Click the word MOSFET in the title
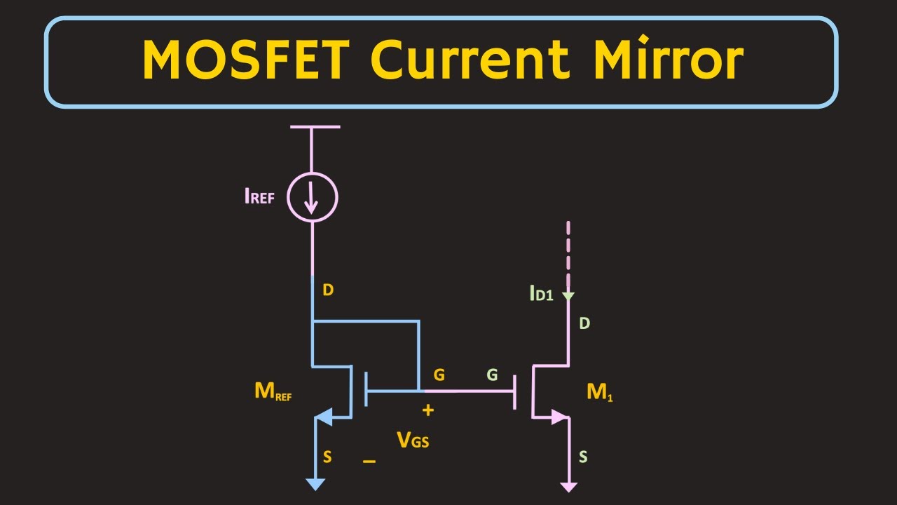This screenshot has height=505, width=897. point(246,60)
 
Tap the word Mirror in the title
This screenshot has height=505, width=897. point(668,60)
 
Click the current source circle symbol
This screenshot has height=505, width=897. point(313,198)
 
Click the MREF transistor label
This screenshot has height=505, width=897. point(273,392)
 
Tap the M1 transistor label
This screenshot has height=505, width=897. point(599,392)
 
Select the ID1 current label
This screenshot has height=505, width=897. point(541,295)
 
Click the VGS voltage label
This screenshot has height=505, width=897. point(413,440)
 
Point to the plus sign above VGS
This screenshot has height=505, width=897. point(427,410)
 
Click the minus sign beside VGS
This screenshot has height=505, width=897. point(369,462)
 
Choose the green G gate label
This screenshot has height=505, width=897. point(492,375)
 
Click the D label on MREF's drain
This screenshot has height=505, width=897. point(327,290)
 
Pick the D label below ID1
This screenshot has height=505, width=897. point(584,323)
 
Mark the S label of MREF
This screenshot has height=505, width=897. point(327,457)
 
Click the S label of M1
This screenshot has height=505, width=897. point(583,457)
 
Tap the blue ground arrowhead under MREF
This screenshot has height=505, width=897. point(315,484)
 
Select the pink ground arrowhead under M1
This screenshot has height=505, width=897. point(568,486)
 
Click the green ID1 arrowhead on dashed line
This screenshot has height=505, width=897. point(568,297)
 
